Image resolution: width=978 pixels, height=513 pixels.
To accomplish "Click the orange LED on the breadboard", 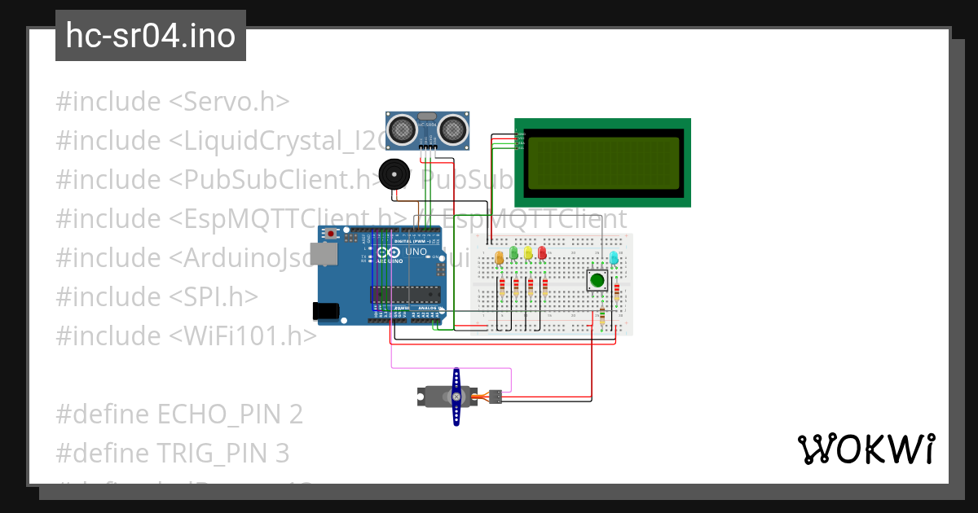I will pyautogui.click(x=500, y=257).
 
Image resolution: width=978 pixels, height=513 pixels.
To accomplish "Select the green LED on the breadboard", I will pyautogui.click(x=513, y=253).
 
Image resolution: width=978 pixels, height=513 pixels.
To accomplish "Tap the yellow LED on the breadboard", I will pyautogui.click(x=528, y=253).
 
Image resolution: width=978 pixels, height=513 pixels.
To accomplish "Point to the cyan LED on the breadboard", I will pyautogui.click(x=615, y=258).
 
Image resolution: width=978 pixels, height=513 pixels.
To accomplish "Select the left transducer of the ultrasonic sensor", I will pyautogui.click(x=401, y=128).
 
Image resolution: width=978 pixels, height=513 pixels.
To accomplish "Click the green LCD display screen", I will pyautogui.click(x=602, y=163).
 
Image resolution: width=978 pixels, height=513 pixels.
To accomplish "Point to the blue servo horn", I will pyautogui.click(x=456, y=397).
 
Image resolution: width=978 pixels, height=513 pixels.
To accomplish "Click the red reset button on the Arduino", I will pyautogui.click(x=330, y=234).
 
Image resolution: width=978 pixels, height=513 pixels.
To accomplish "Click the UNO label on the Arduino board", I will pyautogui.click(x=416, y=252).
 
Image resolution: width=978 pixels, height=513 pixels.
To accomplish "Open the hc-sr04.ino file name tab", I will pyautogui.click(x=151, y=36).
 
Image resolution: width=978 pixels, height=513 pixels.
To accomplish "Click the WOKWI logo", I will pyautogui.click(x=866, y=449).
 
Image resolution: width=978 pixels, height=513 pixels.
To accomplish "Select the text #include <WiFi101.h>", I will pyautogui.click(x=186, y=335).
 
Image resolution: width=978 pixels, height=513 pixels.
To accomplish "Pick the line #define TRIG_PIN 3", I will pyautogui.click(x=172, y=453).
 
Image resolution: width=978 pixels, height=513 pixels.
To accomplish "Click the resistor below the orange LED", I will pyautogui.click(x=502, y=287).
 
